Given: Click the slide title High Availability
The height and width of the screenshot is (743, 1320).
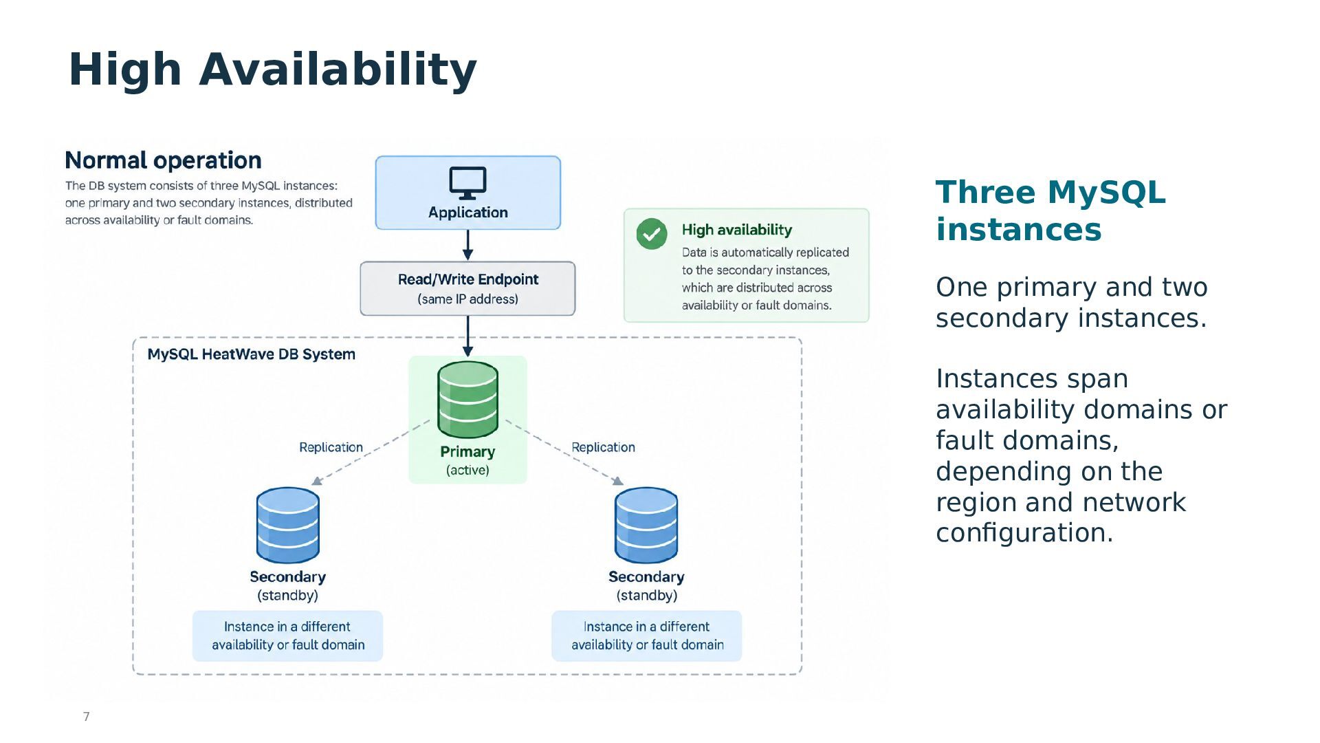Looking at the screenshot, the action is [x=272, y=69].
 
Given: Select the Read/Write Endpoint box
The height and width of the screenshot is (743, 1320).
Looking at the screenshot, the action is [x=467, y=288].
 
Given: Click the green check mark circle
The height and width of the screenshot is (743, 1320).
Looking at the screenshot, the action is [x=652, y=234].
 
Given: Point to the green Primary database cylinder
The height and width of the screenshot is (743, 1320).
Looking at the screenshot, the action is [x=467, y=400].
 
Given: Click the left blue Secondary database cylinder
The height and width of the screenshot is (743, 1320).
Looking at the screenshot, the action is [x=287, y=526].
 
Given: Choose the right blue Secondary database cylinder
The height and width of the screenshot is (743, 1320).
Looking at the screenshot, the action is [x=646, y=526].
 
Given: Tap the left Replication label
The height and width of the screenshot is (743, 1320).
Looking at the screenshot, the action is [x=331, y=447].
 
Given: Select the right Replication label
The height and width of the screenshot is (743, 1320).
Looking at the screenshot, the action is [x=603, y=447].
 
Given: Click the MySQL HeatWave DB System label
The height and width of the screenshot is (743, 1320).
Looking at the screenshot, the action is [x=252, y=354].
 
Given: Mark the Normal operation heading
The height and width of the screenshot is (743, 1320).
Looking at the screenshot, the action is [x=163, y=160].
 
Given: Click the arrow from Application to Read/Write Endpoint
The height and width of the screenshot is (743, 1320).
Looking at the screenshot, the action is [x=467, y=245].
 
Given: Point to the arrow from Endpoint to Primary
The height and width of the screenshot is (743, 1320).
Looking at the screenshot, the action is [x=467, y=336].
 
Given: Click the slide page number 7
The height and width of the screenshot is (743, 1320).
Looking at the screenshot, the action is [x=86, y=717].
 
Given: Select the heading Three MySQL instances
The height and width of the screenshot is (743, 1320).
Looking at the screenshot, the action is [x=1050, y=211].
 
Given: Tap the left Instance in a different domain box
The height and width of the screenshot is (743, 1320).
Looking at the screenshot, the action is [x=287, y=636].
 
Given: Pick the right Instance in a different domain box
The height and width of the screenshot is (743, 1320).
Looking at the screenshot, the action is [x=646, y=636].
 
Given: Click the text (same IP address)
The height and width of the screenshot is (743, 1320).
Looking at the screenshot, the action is [x=467, y=299].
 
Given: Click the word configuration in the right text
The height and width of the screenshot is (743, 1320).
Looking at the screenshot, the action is [x=1024, y=533].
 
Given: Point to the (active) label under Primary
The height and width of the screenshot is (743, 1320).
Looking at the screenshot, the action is [x=467, y=470].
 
